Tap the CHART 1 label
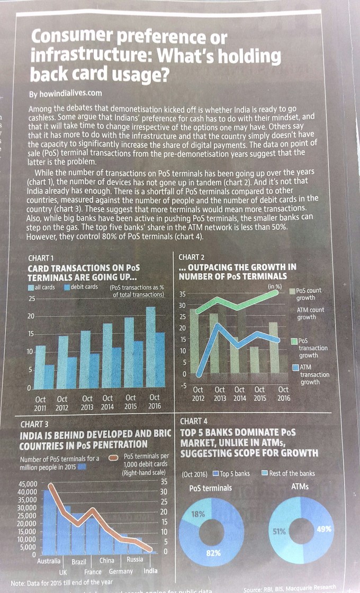41,258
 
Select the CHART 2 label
192,257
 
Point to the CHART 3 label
35,424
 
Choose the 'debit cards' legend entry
80,287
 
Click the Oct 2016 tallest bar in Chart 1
151,349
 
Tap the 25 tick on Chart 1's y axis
32,299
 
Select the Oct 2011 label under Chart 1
40,403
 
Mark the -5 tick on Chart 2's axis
183,385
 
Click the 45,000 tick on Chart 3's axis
28,484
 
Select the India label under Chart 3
150,571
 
